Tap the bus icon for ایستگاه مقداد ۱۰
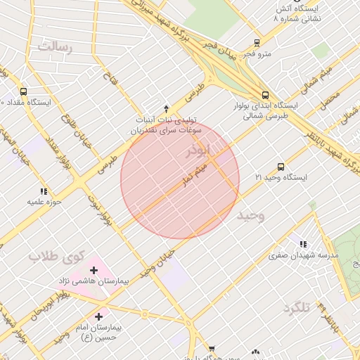coord(24,91)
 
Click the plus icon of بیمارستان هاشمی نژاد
coord(94,269)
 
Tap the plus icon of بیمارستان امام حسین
coord(98,316)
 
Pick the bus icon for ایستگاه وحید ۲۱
coord(281,167)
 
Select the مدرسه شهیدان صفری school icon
coord(303,245)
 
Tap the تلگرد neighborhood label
coord(296,307)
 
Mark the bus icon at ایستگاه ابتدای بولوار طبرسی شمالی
coord(265,95)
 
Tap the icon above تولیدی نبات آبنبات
coord(166,108)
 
